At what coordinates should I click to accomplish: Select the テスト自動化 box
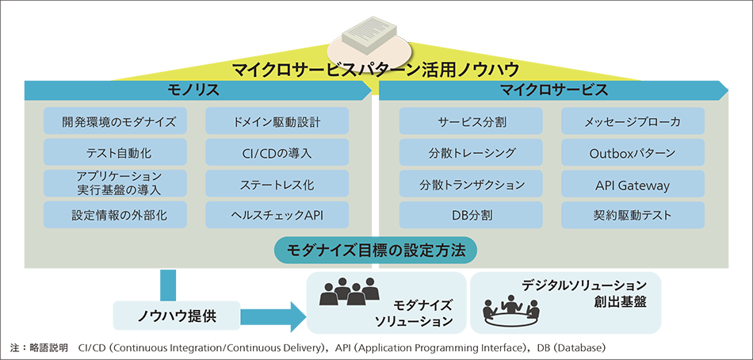tap(115, 152)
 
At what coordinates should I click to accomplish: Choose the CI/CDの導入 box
tap(277, 152)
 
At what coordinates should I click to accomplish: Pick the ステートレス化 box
tap(277, 185)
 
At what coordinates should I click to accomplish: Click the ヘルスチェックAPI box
tap(277, 215)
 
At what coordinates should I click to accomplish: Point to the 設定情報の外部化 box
tap(115, 215)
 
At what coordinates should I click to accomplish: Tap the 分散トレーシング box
tap(472, 152)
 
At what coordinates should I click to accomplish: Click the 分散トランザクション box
tap(472, 185)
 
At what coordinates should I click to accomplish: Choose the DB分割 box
tap(472, 215)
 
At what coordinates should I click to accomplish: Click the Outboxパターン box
tap(633, 152)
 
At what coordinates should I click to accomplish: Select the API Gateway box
tap(633, 185)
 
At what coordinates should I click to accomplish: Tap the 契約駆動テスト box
tap(633, 215)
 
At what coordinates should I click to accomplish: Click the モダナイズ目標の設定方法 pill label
tap(376, 250)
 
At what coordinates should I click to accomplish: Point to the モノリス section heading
tap(193, 90)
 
